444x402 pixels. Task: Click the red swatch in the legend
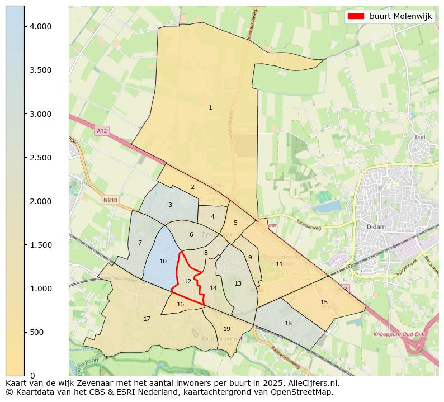point(356,16)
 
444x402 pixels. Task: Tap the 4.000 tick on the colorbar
point(25,26)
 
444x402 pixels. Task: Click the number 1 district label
point(210,107)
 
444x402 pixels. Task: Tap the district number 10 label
point(163,261)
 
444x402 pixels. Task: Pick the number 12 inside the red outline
point(188,281)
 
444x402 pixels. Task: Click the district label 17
point(147,319)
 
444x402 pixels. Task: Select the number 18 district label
point(288,323)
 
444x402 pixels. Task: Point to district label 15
point(324,302)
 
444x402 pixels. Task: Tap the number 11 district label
point(279,264)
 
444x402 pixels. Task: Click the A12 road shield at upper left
point(101,130)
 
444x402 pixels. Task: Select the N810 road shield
point(110,200)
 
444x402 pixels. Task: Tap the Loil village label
point(420,137)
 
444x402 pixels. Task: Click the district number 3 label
point(170,205)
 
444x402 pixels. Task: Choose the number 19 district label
point(226,329)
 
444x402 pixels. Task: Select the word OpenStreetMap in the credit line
point(302,392)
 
